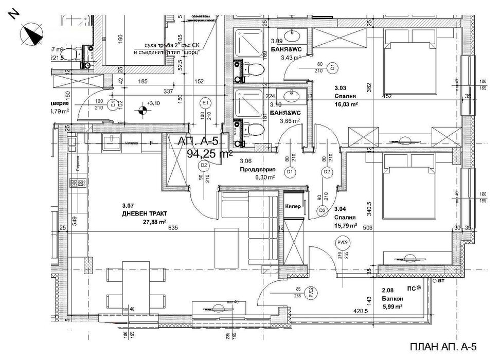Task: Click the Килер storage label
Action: (293, 206)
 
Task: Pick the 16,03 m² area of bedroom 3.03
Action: (347, 103)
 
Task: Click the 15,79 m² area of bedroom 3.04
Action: (347, 225)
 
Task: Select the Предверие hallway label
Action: (250, 169)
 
